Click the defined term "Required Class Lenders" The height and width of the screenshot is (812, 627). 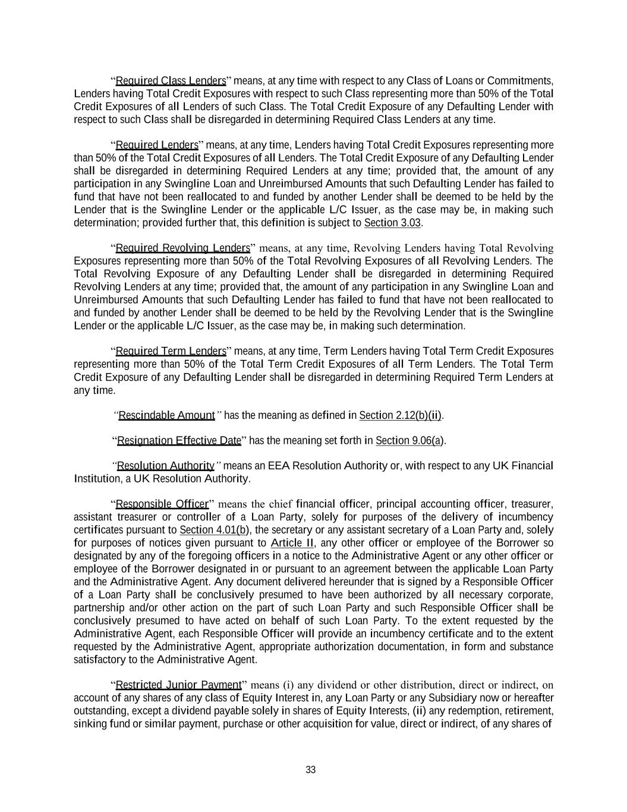171,81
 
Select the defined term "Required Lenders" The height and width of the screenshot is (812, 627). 157,145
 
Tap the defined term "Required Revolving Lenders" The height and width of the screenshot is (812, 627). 182,248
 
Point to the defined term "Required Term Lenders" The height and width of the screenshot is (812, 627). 171,351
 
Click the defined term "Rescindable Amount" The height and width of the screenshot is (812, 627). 166,415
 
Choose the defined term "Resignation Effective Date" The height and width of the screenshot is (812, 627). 179,441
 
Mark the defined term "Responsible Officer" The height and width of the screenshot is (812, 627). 162,504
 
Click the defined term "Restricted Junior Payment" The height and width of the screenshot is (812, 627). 178,685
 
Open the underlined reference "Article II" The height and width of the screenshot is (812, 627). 292,543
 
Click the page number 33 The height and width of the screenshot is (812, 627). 311,770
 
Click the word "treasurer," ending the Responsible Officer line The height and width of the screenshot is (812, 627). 532,504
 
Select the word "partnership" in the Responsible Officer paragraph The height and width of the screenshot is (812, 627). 99,608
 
